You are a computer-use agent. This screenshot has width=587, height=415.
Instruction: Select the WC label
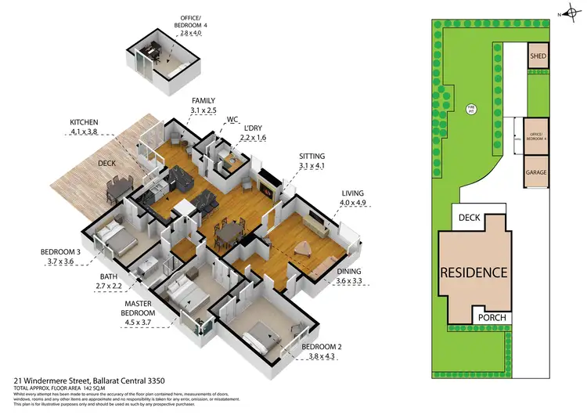coord(232,120)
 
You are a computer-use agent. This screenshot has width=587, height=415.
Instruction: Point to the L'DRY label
coord(253,128)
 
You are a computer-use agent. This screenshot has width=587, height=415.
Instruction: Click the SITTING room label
coord(312,156)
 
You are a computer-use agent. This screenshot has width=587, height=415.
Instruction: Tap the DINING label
coord(351,271)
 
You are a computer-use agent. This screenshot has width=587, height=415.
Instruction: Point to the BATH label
coord(108,276)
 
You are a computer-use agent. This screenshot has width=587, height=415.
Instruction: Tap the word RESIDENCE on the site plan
coord(473,273)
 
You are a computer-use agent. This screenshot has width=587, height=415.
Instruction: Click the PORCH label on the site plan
coord(492,317)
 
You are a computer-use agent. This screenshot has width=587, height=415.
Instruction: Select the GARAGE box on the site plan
coord(536,171)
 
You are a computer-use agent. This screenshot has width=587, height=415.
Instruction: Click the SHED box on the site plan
coord(538,56)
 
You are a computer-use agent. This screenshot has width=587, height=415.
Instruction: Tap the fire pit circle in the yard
coord(471,110)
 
